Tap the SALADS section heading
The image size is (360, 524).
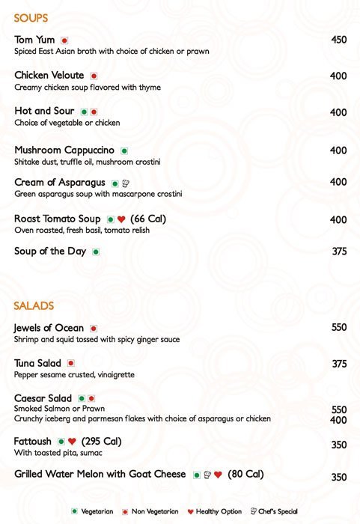[34, 306]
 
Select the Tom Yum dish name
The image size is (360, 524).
[35, 40]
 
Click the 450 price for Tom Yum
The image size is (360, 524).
[338, 40]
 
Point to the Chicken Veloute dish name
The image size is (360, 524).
[49, 76]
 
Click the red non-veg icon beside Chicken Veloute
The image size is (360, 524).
[94, 76]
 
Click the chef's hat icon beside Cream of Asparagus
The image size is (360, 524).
[126, 183]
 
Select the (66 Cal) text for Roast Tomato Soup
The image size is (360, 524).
[147, 219]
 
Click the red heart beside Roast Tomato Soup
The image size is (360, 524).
[120, 219]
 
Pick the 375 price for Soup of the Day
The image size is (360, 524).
[338, 252]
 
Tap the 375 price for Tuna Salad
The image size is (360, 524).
[338, 364]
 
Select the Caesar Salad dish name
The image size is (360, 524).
[43, 398]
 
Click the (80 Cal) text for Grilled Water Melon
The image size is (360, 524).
[245, 474]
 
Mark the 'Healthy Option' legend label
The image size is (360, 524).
[219, 511]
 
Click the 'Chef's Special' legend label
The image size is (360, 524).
[278, 511]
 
